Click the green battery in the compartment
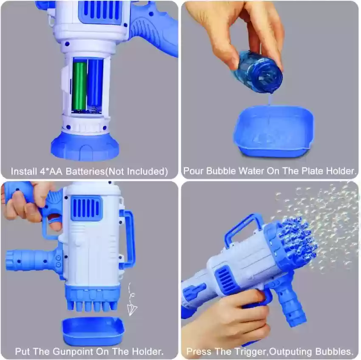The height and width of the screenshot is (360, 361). coord(80,85)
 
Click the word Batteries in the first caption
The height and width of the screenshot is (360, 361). coord(85,171)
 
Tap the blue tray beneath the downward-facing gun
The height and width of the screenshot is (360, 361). coord(93,331)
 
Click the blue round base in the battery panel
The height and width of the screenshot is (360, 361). coord(85,146)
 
